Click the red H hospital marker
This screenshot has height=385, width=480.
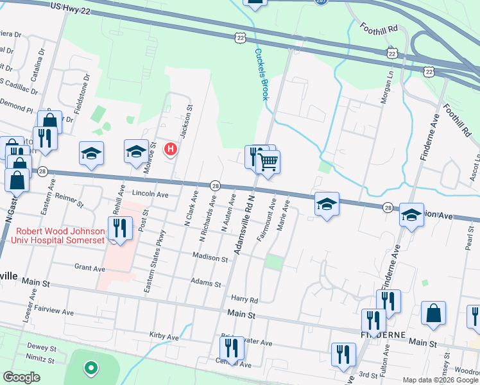pyautogui.click(x=171, y=150)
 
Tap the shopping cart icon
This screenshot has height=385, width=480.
pyautogui.click(x=268, y=160)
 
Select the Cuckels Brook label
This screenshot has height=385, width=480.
pyautogui.click(x=261, y=74)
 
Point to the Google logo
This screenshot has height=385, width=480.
pyautogui.click(x=21, y=377)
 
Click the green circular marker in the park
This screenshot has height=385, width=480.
pyautogui.click(x=91, y=368)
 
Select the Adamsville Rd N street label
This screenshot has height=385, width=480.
pyautogui.click(x=244, y=225)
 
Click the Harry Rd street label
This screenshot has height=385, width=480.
pyautogui.click(x=244, y=300)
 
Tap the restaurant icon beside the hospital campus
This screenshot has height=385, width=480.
pyautogui.click(x=120, y=228)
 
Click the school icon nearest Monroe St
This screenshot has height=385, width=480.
pyautogui.click(x=136, y=152)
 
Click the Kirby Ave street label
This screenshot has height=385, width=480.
pyautogui.click(x=164, y=336)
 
